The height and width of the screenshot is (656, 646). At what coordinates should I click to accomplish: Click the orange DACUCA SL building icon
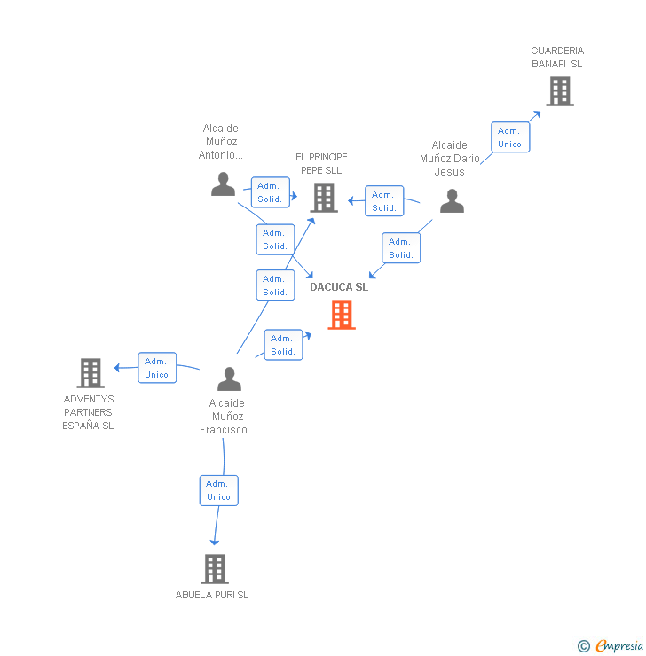[342, 315]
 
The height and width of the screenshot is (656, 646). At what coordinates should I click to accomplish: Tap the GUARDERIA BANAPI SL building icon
[559, 90]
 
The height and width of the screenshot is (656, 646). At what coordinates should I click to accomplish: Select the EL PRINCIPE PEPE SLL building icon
[324, 197]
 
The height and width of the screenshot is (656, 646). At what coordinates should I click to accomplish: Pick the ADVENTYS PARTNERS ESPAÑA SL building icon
[91, 373]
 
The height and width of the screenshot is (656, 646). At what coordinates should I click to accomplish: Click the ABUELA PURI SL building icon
[215, 568]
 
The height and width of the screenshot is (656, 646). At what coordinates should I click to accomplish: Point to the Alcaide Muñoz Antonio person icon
[223, 184]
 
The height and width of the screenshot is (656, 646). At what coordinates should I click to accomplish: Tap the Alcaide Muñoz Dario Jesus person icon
[452, 201]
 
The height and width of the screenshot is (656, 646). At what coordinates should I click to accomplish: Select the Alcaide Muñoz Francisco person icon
[229, 379]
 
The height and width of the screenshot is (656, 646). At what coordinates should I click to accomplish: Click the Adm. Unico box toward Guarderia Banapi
[509, 137]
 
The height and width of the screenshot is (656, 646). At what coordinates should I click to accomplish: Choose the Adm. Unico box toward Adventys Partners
[156, 367]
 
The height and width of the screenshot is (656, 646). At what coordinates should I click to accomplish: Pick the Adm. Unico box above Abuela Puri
[218, 490]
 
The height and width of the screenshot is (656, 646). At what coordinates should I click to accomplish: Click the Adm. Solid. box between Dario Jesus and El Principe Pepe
[384, 201]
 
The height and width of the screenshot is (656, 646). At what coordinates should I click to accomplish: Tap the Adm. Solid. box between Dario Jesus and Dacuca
[401, 247]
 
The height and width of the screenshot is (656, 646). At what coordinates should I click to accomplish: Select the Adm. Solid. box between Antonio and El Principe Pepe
[270, 192]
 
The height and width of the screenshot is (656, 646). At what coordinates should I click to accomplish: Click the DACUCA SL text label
[339, 287]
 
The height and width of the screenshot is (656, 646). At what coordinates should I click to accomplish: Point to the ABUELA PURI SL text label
[212, 595]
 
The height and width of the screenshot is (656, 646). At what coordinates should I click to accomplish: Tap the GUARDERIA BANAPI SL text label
[557, 57]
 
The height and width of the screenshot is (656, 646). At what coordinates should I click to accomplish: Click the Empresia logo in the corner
[619, 645]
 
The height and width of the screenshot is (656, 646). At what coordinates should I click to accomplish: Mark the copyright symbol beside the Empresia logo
[584, 646]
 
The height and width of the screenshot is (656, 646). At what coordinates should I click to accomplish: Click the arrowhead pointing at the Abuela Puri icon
[213, 541]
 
